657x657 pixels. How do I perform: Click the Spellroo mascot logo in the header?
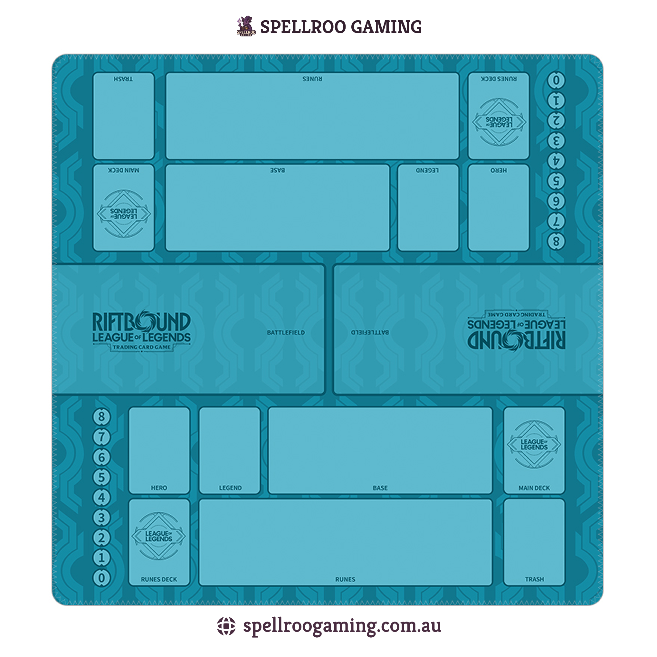coord(246,26)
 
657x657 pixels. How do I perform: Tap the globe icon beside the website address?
coord(226,626)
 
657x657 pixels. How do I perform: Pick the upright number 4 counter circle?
coord(101,498)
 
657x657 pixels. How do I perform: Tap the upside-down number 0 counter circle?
coord(556,81)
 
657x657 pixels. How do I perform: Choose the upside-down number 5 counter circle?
coord(556,181)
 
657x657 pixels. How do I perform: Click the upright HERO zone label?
coord(159,488)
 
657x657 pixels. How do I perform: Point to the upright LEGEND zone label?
coord(230,488)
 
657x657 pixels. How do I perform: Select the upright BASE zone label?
coord(380,488)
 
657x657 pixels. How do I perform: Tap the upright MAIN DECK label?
coord(534,488)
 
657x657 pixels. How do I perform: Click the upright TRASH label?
coord(534,579)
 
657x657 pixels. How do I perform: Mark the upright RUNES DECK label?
coord(159,579)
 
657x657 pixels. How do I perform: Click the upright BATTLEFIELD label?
coord(286,333)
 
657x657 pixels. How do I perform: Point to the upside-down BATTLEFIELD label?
coord(370,332)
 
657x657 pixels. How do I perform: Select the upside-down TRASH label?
coord(123,79)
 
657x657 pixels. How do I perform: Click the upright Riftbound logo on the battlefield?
coord(141,330)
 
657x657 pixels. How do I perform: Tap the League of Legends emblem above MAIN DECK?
coord(534,444)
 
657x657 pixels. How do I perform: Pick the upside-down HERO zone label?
coord(499,170)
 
